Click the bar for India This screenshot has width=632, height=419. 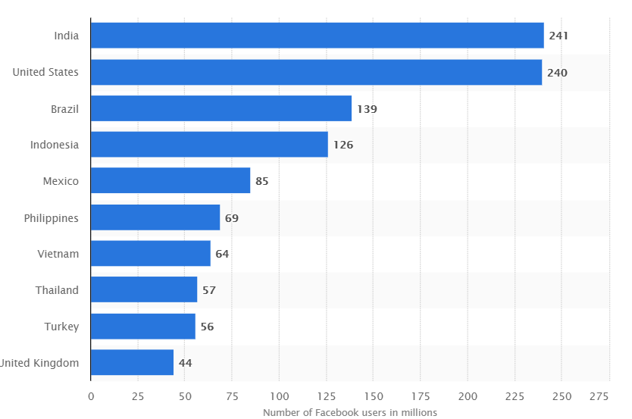pos(317,36)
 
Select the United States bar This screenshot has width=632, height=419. pos(316,72)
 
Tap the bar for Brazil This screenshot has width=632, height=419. pos(221,108)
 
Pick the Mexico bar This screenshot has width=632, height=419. pos(170,181)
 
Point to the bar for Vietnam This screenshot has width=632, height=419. pos(150,254)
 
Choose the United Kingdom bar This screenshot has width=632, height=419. pos(132,363)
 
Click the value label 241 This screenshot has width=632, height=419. pos(558,36)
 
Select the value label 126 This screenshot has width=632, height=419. pos(343,145)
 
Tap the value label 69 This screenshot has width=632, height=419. pos(232,217)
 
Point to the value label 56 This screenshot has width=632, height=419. pos(207,327)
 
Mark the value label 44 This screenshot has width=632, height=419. pos(185,363)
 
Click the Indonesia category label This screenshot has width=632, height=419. pos(55,145)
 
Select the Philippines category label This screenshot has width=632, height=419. pos(52,217)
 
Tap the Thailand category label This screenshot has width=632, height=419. pos(57,290)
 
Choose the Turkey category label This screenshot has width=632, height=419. pos(61,327)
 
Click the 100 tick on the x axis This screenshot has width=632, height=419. pos(279,396)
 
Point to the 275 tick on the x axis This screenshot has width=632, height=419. pos(599,396)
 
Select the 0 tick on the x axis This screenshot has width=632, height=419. pos(91,396)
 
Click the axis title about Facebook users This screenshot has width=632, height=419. pos(350,412)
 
